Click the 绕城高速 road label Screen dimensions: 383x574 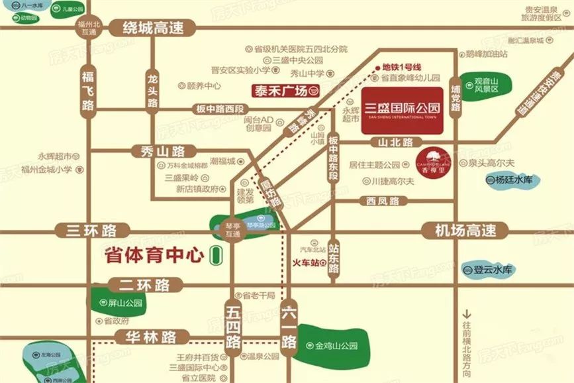point(153,28)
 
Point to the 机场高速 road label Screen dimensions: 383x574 point(465,231)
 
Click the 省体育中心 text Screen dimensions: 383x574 point(153,256)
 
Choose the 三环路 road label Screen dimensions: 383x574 point(91,231)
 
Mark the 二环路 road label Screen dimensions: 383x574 point(144,286)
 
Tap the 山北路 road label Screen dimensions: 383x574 point(395,142)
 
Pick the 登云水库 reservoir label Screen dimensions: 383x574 point(490,270)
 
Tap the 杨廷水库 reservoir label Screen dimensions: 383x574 point(513,180)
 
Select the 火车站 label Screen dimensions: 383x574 point(307,262)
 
